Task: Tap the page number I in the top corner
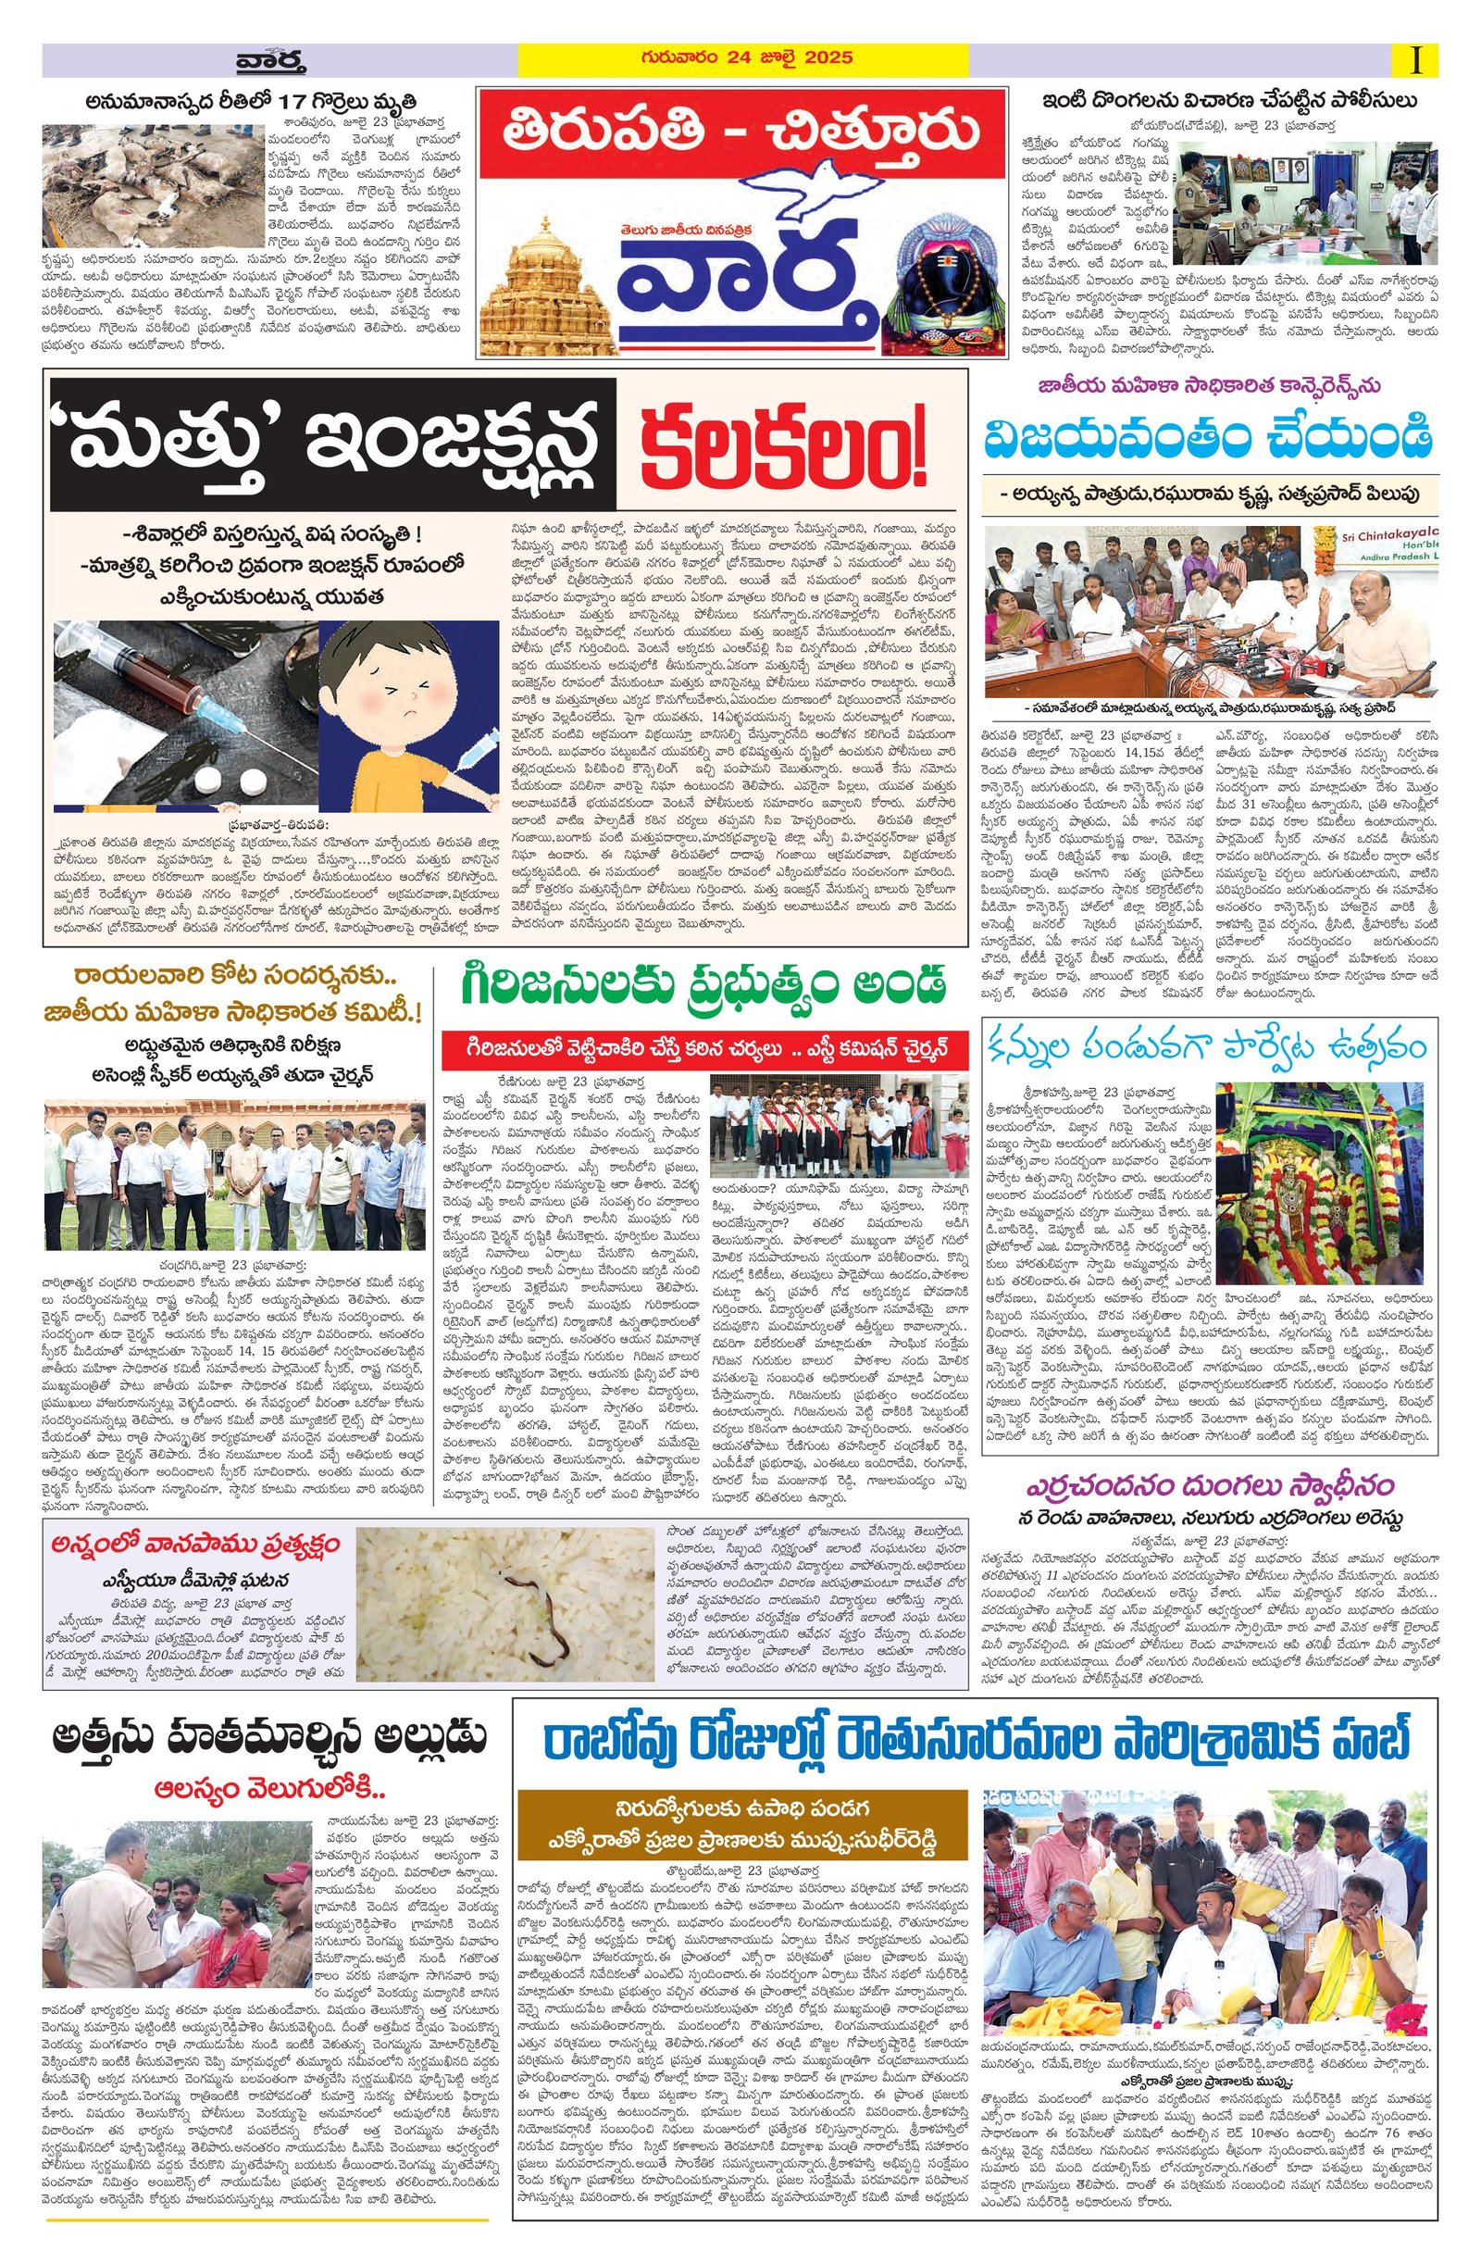click(1418, 61)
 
